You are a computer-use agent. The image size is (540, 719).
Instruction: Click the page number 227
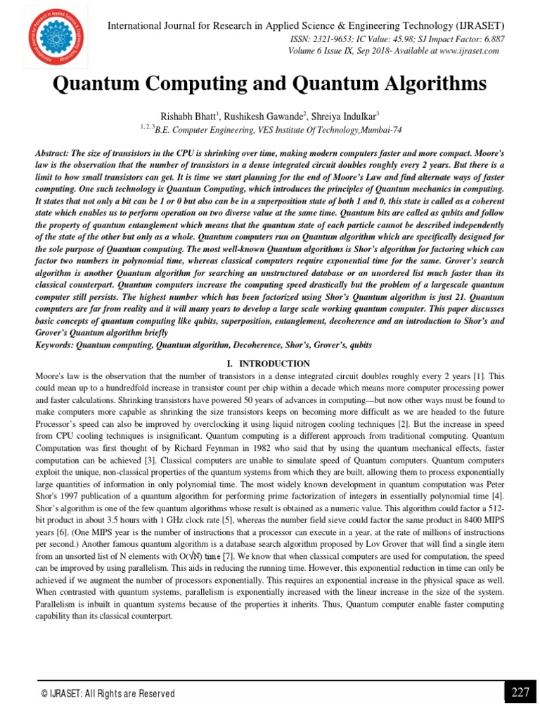[x=520, y=692]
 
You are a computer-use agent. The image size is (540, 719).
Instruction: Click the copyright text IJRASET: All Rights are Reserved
[x=108, y=694]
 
